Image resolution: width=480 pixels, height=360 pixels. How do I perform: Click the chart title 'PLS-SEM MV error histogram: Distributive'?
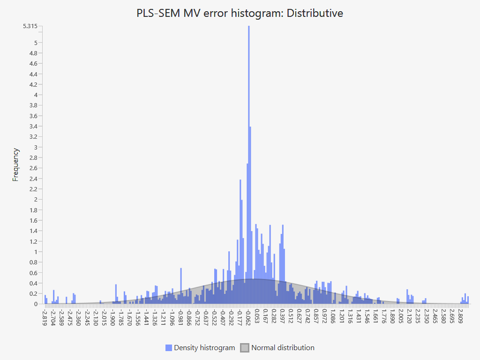(240, 13)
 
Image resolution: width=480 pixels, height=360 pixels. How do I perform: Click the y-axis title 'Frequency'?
(16, 165)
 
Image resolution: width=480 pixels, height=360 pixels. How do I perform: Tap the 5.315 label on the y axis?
(31, 26)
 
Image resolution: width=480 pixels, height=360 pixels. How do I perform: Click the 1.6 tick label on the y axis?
(33, 220)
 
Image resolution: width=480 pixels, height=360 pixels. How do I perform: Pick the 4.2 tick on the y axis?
(33, 84)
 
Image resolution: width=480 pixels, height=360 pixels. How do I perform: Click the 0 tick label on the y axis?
(36, 304)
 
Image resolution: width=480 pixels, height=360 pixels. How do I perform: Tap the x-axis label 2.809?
(461, 316)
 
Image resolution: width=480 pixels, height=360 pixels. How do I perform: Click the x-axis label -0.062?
(248, 316)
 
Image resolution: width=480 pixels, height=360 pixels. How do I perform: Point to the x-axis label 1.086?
(333, 316)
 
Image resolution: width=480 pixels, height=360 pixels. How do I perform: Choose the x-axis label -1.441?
(147, 316)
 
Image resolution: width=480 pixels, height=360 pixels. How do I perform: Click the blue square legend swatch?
(169, 348)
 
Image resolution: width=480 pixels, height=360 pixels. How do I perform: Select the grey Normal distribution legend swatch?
(245, 348)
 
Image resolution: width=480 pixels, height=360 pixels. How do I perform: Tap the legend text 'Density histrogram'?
(204, 348)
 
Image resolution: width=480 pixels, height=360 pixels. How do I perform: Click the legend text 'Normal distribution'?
(283, 348)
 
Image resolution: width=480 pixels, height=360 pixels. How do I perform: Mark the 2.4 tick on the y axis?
(33, 179)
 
